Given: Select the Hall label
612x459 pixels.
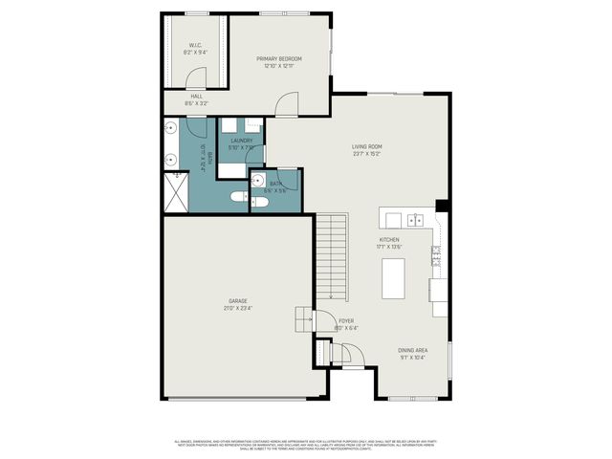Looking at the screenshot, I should pos(196,96).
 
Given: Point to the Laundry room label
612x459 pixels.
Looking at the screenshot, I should pos(241,141).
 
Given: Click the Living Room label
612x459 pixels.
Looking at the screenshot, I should pos(366,145).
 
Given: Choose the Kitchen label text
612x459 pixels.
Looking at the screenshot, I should pos(388,239).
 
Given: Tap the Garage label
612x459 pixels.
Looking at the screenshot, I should pos(237,300).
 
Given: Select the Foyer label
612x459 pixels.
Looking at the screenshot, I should pos(347,321).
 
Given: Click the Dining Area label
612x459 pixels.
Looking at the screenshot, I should pos(413,350).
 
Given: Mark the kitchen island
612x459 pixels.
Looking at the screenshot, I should pos(392,277).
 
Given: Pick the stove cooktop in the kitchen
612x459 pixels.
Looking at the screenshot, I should pos(436,253).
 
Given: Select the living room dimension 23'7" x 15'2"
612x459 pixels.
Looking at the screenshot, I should pos(366,152).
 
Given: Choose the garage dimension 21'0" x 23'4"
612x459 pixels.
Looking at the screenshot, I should pos(237,308).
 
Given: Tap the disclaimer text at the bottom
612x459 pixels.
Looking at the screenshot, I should pos(305,444).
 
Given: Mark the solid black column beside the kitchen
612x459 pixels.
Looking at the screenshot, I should pos(442,206).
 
